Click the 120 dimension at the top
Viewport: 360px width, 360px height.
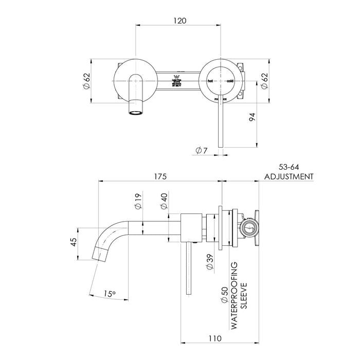click(179, 21)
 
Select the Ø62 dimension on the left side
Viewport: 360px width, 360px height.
click(87, 81)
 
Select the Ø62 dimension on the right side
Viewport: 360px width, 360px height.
click(264, 81)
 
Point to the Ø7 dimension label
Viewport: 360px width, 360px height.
click(202, 150)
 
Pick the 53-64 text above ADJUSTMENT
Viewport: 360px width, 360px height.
click(289, 167)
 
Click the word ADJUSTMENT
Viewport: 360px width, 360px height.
click(289, 176)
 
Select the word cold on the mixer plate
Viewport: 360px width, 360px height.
click(229, 81)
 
